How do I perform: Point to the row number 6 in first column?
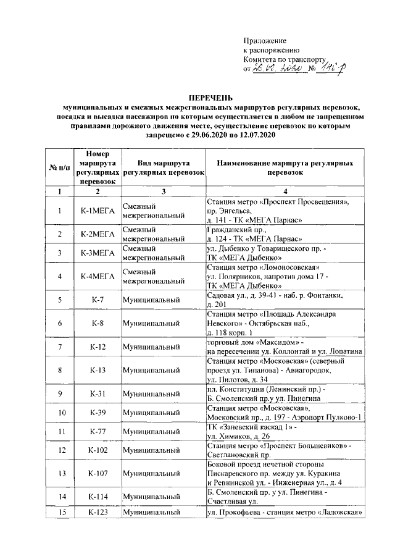pos(59,322)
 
